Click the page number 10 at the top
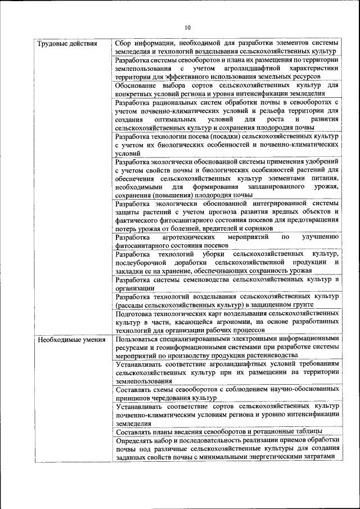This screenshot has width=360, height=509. tap(187, 27)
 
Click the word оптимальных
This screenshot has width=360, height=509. tap(173, 119)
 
